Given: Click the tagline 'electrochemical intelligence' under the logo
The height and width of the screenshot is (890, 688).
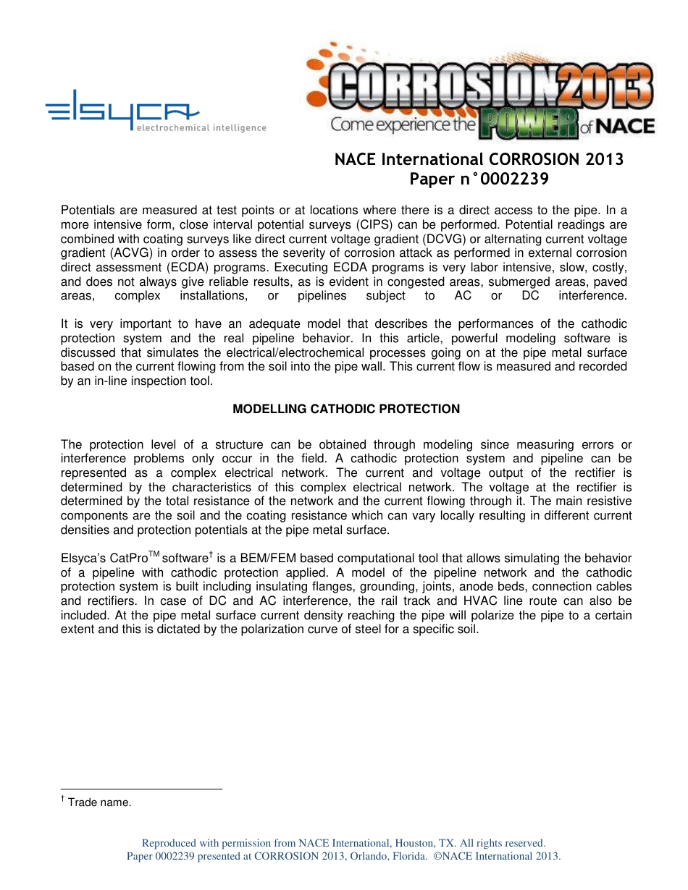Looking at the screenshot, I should pyautogui.click(x=201, y=128).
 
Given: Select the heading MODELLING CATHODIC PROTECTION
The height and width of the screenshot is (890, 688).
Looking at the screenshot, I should pyautogui.click(x=346, y=409).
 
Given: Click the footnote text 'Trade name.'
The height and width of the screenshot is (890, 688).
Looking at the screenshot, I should pyautogui.click(x=99, y=802).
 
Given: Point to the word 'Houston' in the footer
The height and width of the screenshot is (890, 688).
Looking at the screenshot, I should pyautogui.click(x=414, y=843).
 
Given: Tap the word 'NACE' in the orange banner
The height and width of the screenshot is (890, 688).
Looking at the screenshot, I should pyautogui.click(x=626, y=127).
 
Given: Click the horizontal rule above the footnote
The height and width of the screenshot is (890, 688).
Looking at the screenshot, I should pyautogui.click(x=141, y=789).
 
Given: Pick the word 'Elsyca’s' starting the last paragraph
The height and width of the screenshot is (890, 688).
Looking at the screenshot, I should pyautogui.click(x=83, y=559).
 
